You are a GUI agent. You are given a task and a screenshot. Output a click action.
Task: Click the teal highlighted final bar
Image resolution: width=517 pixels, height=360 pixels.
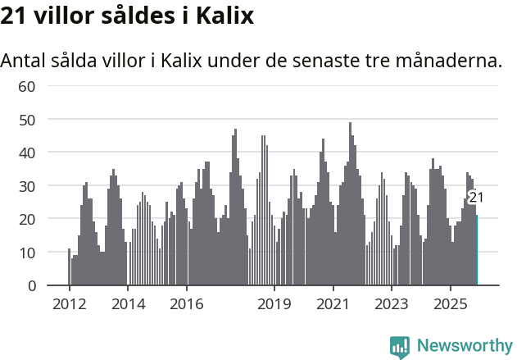point(477,250)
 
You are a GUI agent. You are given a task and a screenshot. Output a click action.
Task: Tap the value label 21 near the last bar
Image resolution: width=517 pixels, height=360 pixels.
point(476,197)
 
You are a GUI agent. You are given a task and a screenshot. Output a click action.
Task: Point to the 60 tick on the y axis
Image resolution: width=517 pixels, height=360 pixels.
point(27,86)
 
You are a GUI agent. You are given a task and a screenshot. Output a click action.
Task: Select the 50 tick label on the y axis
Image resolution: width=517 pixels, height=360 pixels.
point(27,120)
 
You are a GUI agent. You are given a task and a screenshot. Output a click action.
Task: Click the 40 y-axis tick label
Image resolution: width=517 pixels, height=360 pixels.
point(27,153)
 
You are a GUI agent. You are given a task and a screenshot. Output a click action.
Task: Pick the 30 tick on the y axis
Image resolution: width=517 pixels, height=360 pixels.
point(27,186)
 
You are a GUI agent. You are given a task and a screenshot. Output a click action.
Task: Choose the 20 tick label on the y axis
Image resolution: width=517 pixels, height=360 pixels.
point(27,219)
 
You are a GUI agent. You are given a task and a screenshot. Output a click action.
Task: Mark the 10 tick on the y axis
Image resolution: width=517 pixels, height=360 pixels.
point(27,253)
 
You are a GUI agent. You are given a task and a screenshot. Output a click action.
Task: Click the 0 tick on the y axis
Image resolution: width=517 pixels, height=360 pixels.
point(32,285)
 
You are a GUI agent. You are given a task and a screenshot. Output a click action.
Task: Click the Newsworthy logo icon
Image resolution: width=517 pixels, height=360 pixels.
point(400,347)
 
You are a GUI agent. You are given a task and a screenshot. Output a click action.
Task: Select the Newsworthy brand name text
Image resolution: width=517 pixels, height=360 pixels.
point(464,346)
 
